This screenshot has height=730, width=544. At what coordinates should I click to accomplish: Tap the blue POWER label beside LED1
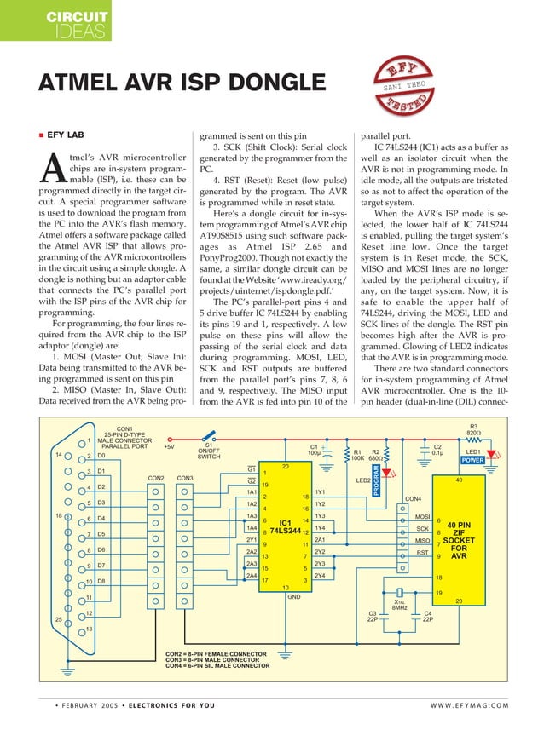pos(473,460)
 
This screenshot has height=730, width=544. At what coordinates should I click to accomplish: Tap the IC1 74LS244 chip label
pos(286,526)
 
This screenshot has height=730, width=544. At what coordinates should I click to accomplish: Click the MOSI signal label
pos(421,516)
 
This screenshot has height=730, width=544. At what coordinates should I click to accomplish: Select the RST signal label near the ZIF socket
pos(421,553)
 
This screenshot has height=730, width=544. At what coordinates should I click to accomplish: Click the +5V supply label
pos(169,445)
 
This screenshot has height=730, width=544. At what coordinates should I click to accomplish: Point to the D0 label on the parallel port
pos(101,456)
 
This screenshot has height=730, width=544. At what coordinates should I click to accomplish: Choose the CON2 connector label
pos(156,478)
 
